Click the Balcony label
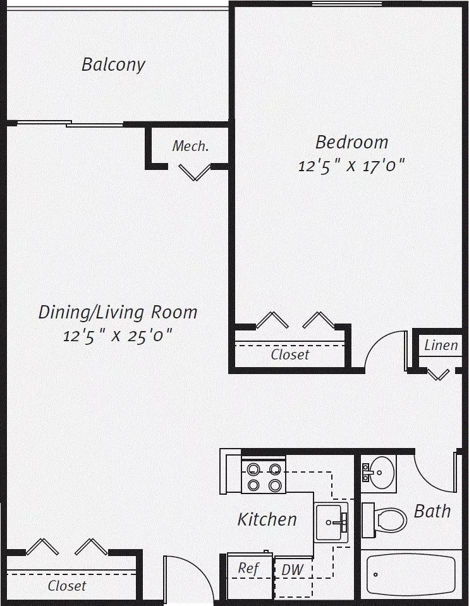point(113,64)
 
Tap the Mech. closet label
point(190,146)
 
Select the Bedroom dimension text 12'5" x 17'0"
point(351,166)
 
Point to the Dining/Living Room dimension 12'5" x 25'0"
point(118,336)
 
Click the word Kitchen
point(267,519)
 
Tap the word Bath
point(432,511)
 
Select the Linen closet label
point(441,345)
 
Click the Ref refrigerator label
point(248,568)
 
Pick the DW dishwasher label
point(292,570)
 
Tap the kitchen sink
point(331,523)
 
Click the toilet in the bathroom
point(385,520)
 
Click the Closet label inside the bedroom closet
point(290,355)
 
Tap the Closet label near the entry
point(67,586)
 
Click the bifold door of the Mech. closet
point(195,173)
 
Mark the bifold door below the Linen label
point(438,374)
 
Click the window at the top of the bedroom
point(347,4)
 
